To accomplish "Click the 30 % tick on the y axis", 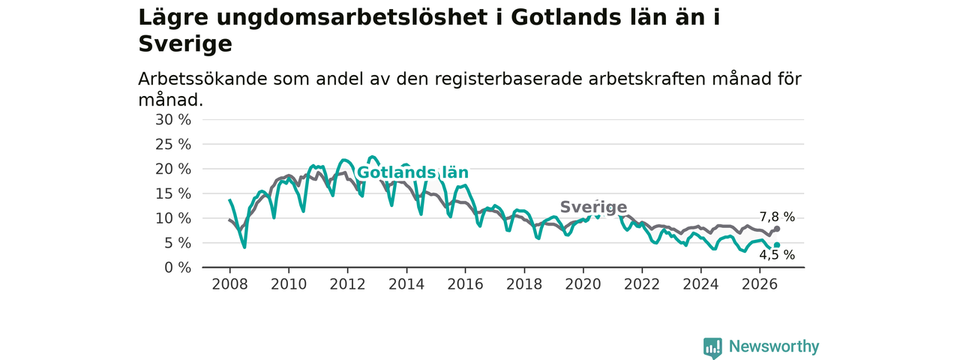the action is (173, 120).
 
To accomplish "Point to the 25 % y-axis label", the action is (173, 145).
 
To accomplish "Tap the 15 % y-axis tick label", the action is (173, 193).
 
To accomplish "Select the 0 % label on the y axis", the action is (178, 268).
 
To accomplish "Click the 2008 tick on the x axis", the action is (229, 284).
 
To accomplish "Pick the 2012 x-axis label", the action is (347, 284).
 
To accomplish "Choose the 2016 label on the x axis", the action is (466, 284).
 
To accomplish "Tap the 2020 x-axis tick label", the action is (583, 284).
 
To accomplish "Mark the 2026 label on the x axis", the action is (760, 284).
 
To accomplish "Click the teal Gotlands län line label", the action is (412, 172).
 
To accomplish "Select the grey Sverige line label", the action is (593, 207).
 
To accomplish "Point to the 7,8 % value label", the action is (777, 217).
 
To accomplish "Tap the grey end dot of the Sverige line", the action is (777, 229).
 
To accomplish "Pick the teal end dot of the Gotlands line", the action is (777, 245).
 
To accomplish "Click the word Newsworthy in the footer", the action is (774, 346).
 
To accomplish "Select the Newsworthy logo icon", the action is (712, 348).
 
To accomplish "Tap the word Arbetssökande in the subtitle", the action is (202, 79).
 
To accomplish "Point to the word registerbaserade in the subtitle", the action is (508, 79).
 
